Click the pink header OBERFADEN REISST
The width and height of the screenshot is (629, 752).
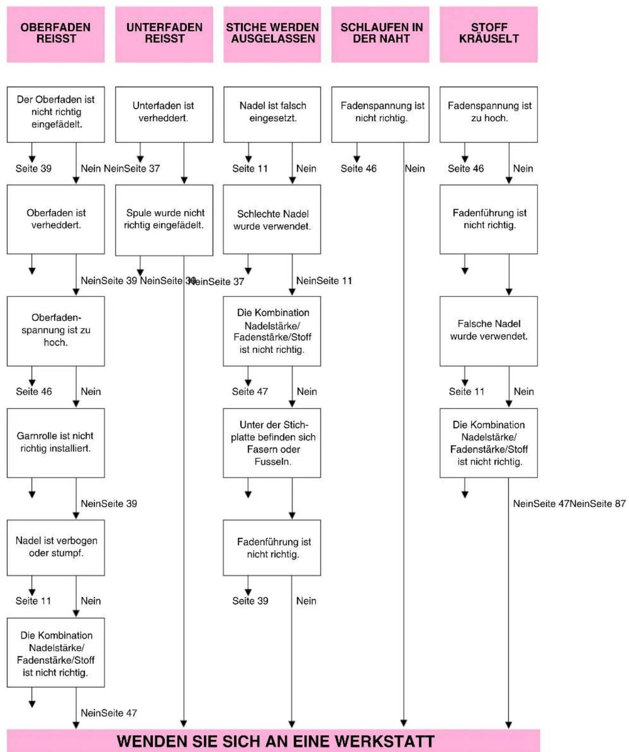coord(56,34)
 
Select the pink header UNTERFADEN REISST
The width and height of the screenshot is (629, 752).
coord(164,34)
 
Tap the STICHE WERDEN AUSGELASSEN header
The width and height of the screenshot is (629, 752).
coord(273,34)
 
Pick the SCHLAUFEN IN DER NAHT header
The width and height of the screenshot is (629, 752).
coord(381,34)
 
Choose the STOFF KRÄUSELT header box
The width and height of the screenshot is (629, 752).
coord(489,34)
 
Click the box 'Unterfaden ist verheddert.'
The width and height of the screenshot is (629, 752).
coord(164,115)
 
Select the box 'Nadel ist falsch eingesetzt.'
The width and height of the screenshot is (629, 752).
coord(273,115)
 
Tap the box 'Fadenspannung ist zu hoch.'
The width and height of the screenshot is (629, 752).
coord(489,115)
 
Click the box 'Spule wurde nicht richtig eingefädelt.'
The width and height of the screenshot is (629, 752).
coord(164,220)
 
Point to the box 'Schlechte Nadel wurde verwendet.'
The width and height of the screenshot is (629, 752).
coord(272,219)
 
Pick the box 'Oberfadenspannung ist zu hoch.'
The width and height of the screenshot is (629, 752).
coord(56,331)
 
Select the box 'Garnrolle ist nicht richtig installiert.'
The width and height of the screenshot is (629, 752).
coord(56,443)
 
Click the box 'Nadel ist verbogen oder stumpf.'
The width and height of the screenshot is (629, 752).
coord(56,548)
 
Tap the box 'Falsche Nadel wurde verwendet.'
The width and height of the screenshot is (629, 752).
coord(489,331)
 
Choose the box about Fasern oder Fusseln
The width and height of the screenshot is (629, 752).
coord(272,443)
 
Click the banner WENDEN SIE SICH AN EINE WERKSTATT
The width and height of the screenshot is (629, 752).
coord(274,741)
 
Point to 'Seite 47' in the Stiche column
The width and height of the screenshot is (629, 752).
coord(250,391)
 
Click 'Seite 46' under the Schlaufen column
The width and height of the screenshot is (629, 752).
coord(359,169)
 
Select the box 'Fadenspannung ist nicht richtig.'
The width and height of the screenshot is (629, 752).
coord(381,115)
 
